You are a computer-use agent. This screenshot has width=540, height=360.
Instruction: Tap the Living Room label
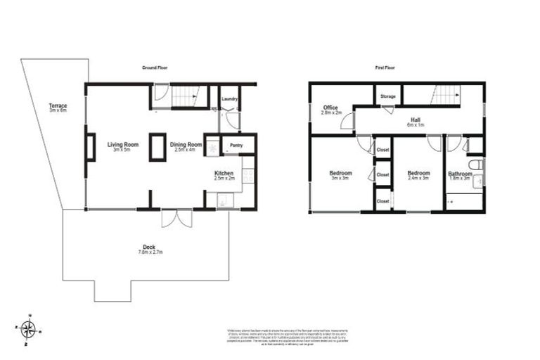tap(122, 145)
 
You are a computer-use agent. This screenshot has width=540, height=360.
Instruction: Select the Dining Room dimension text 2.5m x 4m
tap(186, 150)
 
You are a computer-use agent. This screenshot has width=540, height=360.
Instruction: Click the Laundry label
tap(229, 99)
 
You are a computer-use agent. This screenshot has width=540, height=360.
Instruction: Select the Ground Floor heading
tap(154, 68)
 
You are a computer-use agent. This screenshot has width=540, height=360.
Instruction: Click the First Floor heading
tap(384, 68)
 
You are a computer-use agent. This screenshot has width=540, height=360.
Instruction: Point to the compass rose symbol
tap(28, 328)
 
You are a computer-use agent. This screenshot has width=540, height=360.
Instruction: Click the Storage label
tap(387, 96)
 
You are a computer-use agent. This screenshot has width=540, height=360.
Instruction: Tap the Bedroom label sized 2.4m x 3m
tap(419, 173)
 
